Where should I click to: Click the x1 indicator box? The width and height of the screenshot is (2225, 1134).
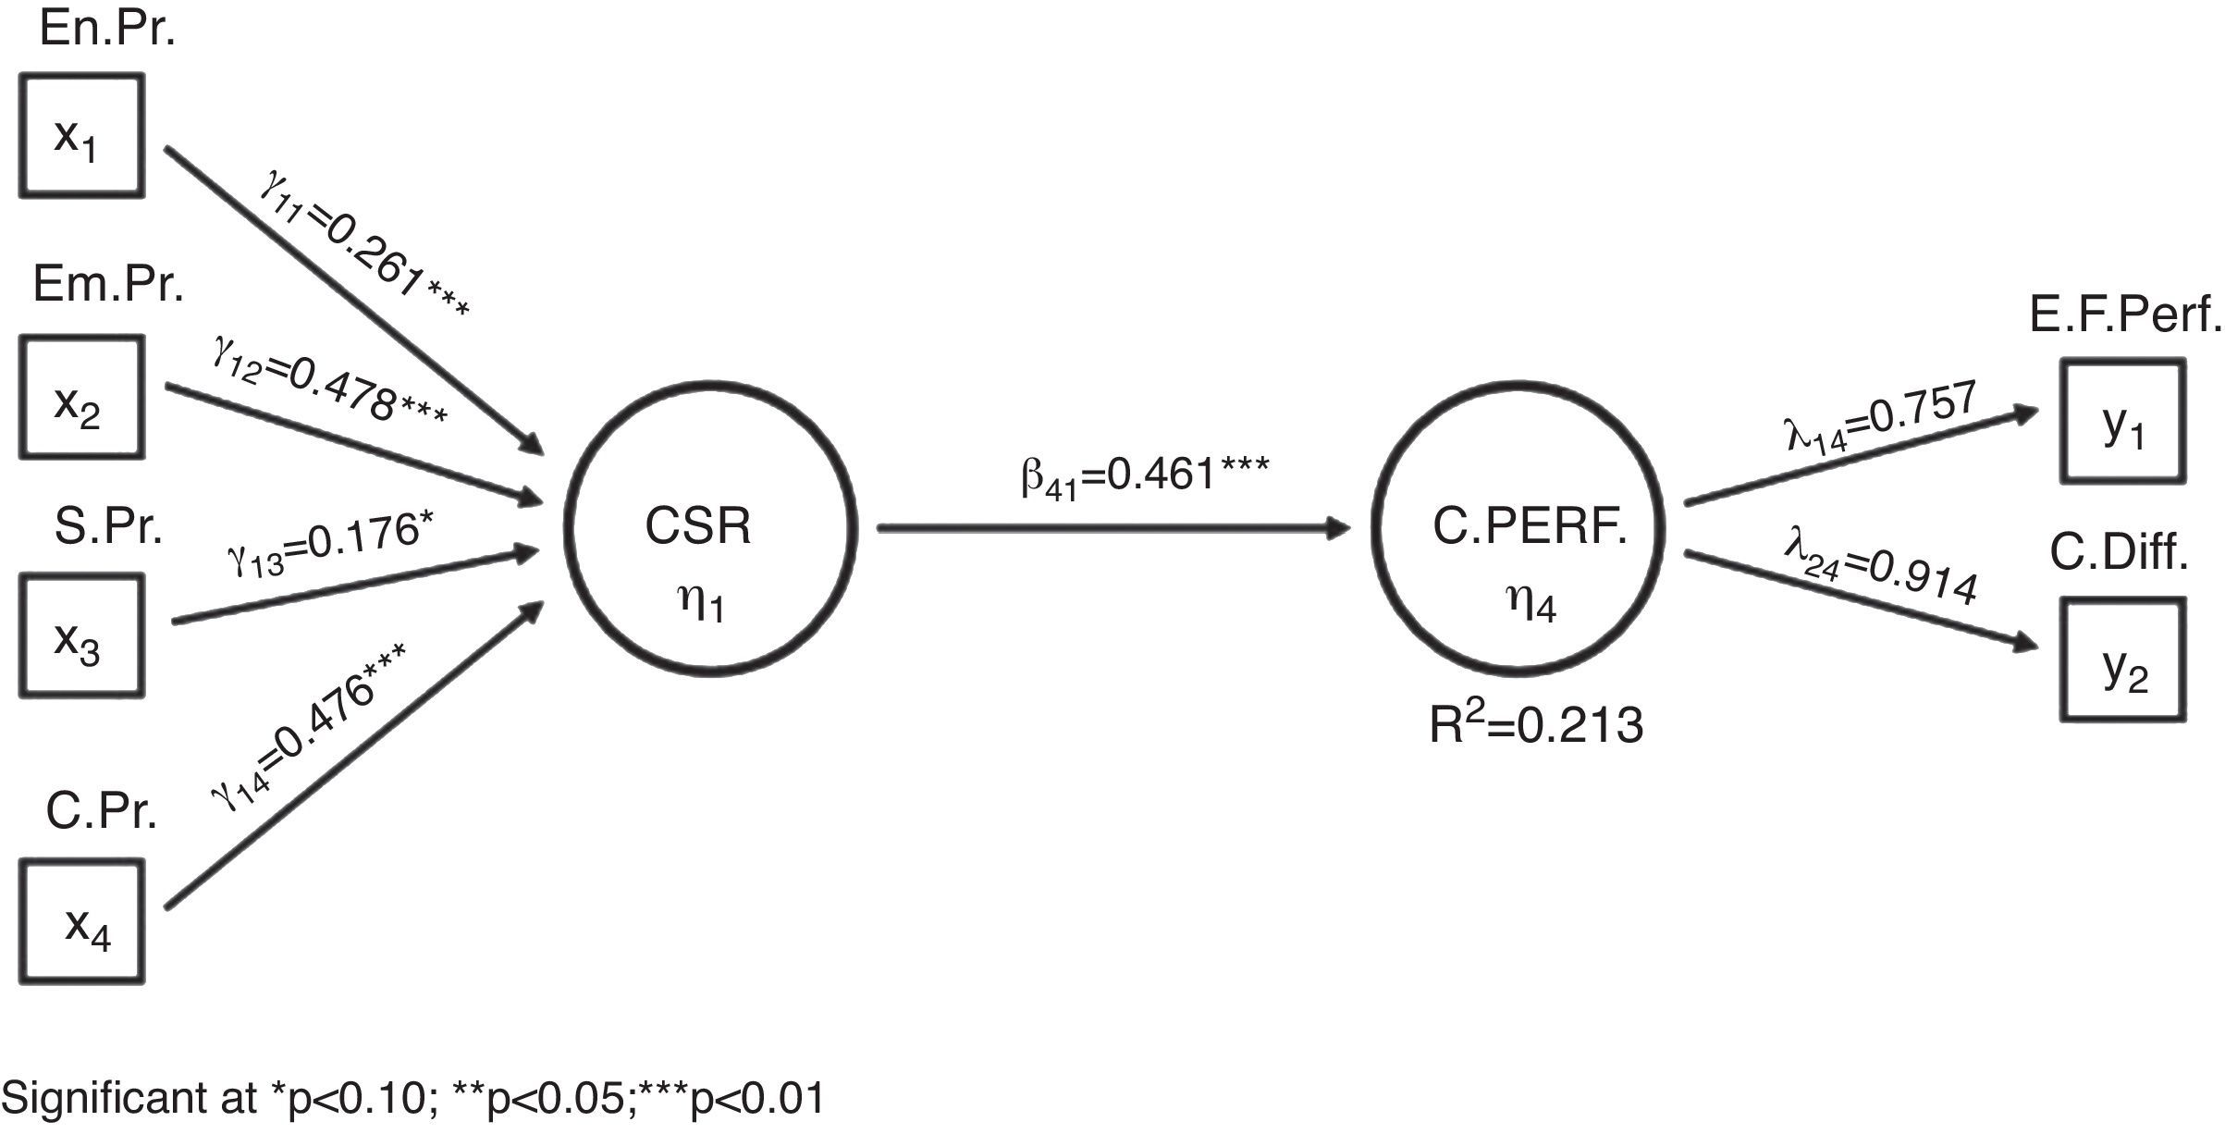pos(81,136)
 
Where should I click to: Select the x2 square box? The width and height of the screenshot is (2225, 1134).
pos(81,398)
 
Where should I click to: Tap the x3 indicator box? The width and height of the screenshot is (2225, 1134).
pos(81,635)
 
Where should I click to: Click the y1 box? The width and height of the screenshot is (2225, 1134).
pos(2122,422)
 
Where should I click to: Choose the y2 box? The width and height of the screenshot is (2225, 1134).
pos(2122,659)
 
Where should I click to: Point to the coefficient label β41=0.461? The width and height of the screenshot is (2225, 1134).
pos(1145,476)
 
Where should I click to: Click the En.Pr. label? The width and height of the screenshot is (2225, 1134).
pos(107,31)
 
